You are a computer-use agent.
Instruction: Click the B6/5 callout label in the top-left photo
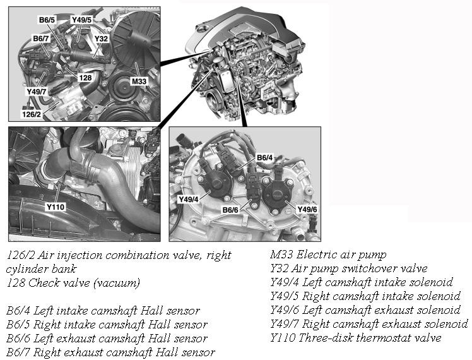tap(47, 20)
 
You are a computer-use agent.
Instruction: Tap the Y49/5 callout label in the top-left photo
tap(81, 20)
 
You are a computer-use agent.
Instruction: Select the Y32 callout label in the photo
tap(100, 39)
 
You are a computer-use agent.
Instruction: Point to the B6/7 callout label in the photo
tap(42, 39)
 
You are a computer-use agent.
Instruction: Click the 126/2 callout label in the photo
tap(31, 114)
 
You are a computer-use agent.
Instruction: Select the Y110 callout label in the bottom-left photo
tap(56, 205)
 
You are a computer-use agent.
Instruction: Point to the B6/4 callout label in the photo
tap(264, 157)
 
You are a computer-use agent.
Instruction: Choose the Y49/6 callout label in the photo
tap(307, 209)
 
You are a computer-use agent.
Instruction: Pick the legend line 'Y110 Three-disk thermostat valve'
tap(356, 338)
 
